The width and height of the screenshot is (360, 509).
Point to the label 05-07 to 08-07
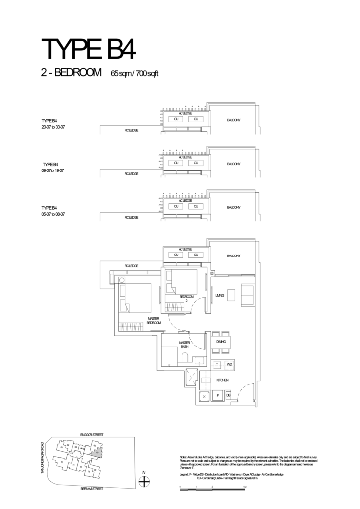pos(53,214)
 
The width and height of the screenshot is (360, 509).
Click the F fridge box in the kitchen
pos(217,396)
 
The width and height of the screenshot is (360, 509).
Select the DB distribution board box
pos(228,395)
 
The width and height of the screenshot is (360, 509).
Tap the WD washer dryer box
pos(229,364)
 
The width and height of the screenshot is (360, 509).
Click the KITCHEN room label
pos(222,380)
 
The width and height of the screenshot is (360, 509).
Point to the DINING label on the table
pos(221,342)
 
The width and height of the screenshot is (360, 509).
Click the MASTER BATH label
pos(185,345)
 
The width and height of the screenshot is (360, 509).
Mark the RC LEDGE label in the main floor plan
pos(131,266)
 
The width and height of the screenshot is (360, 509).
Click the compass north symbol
pos(144,481)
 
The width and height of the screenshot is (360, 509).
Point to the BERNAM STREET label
pos(91,489)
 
